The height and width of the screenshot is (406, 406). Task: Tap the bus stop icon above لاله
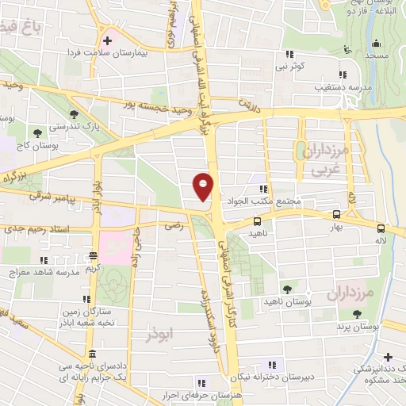[381, 225]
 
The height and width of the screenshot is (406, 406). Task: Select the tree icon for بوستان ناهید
[287, 289]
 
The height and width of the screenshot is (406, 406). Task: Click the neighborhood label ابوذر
[159, 335]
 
